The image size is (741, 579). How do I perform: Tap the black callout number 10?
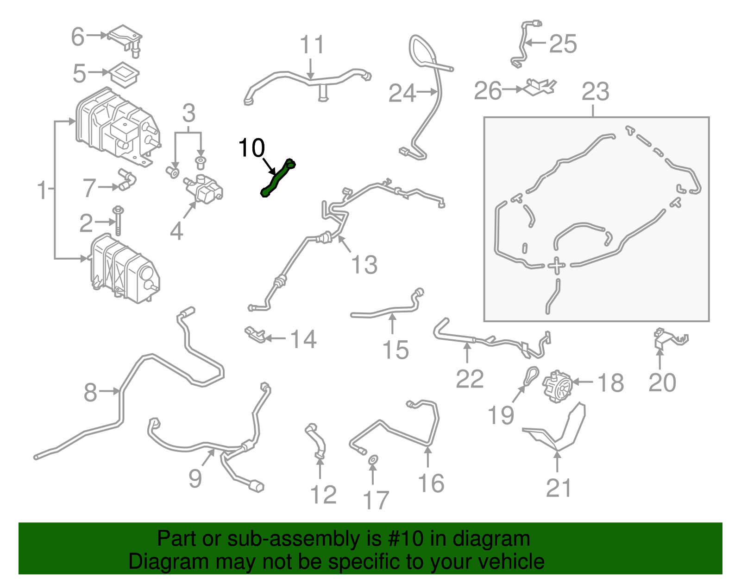click(x=251, y=148)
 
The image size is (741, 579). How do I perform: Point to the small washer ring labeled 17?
click(x=373, y=460)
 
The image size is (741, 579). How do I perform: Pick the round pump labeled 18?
click(x=558, y=386)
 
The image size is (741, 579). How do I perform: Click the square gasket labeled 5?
click(x=124, y=74)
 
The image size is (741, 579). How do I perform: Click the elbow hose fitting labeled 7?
click(x=126, y=180)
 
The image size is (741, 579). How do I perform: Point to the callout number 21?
click(x=559, y=488)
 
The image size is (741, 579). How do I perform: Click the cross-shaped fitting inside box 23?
click(x=556, y=266)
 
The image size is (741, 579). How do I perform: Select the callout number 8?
click(x=90, y=392)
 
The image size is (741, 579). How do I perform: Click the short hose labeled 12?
click(x=316, y=441)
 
